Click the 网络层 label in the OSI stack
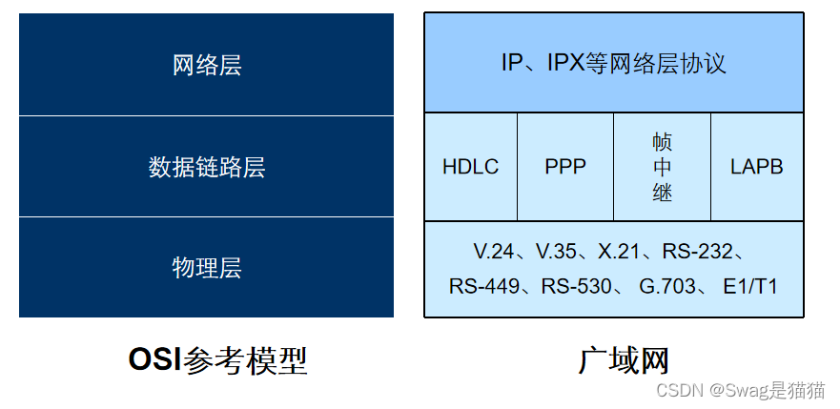coord(207,65)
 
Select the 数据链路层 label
coord(207,167)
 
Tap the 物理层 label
coord(207,268)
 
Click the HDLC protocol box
coord(470,167)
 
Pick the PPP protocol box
coord(565,167)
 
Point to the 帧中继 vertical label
coord(663,167)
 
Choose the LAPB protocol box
coord(757,167)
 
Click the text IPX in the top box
coord(573,64)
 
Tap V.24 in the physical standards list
coord(494,252)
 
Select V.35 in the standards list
coord(557,252)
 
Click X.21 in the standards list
coord(619,252)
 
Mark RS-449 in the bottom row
coord(483,286)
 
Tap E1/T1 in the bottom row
coord(750,286)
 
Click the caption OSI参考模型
coord(218,360)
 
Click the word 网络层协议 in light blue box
coord(678,64)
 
